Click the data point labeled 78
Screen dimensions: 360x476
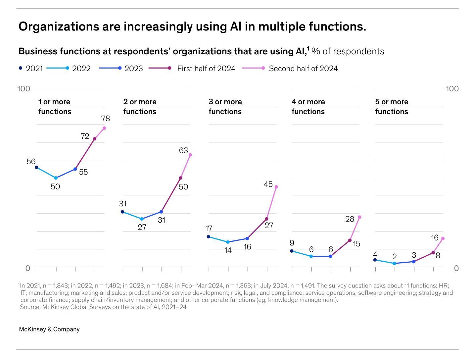pos(104,128)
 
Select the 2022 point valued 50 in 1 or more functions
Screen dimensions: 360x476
pos(56,178)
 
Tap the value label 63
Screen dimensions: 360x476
pos(183,151)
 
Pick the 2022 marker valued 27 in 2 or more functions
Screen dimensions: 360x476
pos(142,219)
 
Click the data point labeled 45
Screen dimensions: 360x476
pos(276,187)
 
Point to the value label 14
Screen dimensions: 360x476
pos(228,251)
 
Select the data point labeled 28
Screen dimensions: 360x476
pos(359,217)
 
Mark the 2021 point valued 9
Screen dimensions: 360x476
pos(292,251)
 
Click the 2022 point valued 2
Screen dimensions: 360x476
pos(394,263)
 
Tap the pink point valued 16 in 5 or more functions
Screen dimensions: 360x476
pos(443,238)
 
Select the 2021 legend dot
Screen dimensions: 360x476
pos(21,68)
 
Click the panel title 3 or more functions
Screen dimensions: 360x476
pos(225,107)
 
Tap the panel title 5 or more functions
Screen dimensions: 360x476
pos(392,107)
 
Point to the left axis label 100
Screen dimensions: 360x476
pos(24,89)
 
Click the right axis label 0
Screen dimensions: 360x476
pos(456,268)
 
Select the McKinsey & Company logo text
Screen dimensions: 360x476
pos(49,329)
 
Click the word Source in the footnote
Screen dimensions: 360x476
pos(30,307)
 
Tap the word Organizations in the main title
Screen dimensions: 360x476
pos(58,26)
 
